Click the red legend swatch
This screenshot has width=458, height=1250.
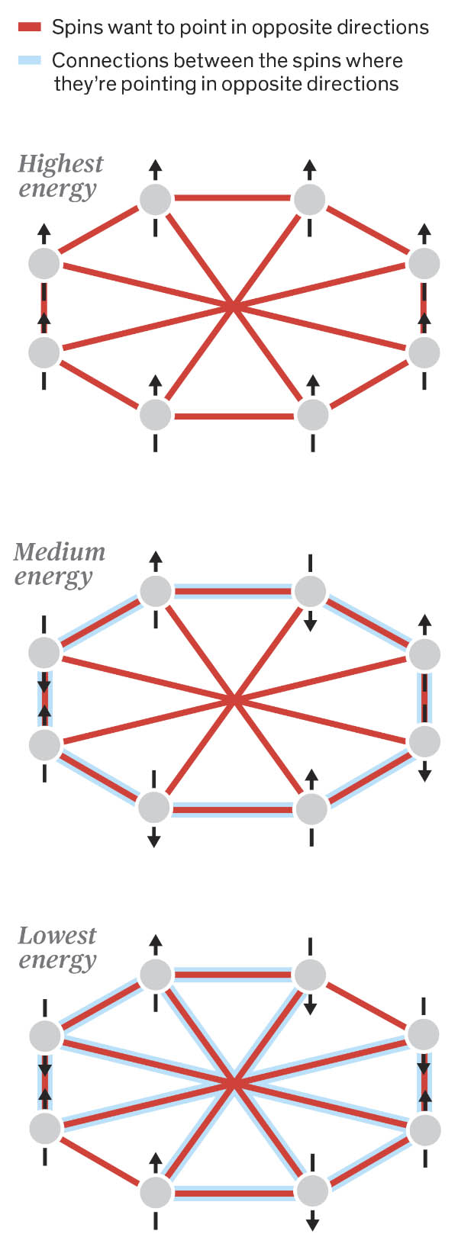point(29,28)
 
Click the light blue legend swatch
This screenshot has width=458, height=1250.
point(29,60)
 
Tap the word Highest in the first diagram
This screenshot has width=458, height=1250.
point(60,163)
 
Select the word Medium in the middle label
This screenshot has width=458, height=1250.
point(59,551)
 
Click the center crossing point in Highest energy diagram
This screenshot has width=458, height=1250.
point(233,307)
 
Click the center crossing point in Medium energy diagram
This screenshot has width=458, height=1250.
point(234,699)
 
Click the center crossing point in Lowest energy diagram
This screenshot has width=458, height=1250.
point(234,1082)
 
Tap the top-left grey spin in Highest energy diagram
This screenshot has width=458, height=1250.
point(156,199)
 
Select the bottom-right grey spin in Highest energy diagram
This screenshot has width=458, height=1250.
point(312,416)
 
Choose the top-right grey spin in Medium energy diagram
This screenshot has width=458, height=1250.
point(310,591)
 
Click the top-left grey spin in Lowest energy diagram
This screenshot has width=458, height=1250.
point(156,974)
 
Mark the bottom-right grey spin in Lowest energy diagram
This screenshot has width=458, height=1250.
point(312,1191)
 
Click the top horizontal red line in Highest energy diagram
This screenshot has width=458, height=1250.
point(233,199)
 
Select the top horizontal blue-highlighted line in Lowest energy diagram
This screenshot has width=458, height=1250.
point(233,974)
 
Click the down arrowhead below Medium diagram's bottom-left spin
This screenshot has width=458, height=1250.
point(154,841)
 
